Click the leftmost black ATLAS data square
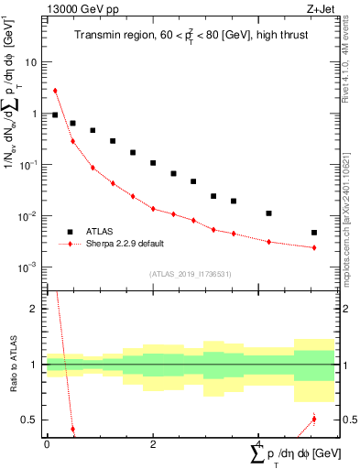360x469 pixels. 55,115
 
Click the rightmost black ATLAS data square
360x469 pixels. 314,233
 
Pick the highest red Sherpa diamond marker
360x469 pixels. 55,91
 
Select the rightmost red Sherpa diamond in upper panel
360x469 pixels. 314,248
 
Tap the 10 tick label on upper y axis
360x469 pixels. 30,63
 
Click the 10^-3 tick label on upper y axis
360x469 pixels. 28,268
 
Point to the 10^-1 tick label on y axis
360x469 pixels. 28,166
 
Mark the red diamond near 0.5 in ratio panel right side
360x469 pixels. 314,420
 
